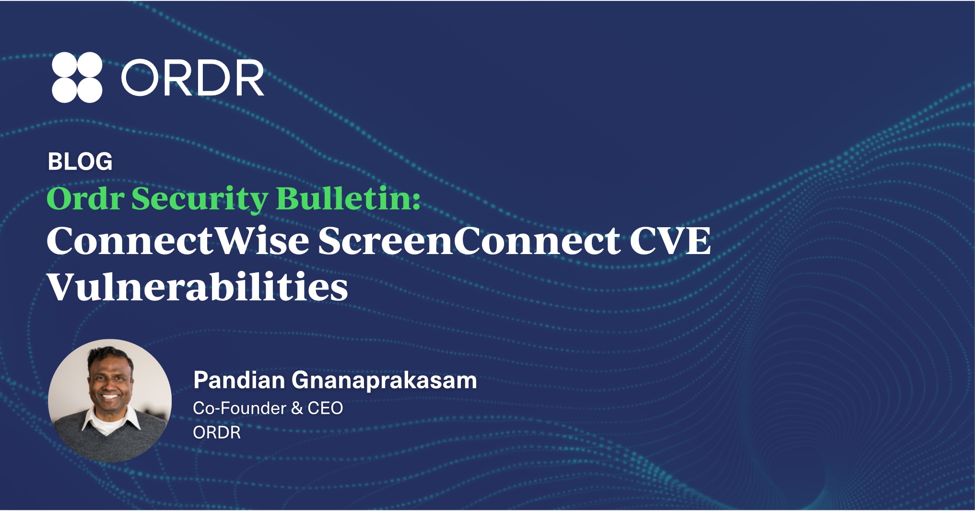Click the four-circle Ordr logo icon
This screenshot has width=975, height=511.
[77, 77]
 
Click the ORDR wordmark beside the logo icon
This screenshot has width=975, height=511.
[192, 78]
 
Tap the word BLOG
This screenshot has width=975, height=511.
[80, 162]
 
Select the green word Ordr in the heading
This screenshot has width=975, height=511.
[85, 198]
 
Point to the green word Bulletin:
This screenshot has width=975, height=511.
[349, 198]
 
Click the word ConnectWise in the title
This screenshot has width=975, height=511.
[178, 241]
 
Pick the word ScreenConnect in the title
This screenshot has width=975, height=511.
[469, 241]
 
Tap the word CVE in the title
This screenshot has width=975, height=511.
[670, 241]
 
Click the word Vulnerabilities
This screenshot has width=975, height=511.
[198, 287]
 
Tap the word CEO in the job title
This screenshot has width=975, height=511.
[325, 408]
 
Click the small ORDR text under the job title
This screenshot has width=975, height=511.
[217, 432]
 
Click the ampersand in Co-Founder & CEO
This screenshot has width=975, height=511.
[297, 408]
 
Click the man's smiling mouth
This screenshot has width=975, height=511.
[110, 397]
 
